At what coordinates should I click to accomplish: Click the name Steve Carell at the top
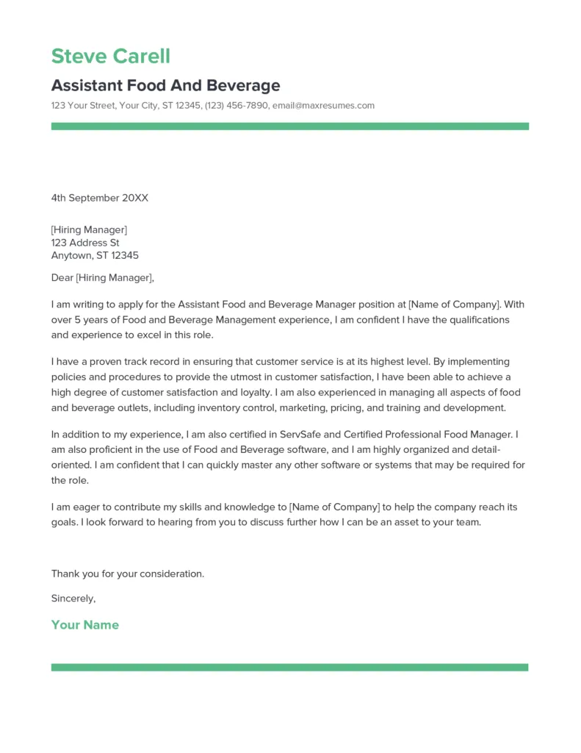[x=110, y=56]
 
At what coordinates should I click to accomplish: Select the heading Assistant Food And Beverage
[x=165, y=85]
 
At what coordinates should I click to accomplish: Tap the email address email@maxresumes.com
[x=323, y=106]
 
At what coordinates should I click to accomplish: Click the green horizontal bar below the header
[x=289, y=126]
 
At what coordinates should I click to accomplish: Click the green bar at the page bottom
[x=289, y=667]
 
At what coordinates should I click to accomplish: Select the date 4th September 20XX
[x=99, y=198]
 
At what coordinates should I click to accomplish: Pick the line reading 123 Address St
[x=85, y=243]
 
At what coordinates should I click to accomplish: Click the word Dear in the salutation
[x=62, y=278]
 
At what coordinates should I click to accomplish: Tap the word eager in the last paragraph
[x=85, y=507]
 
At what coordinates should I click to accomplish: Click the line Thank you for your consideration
[x=128, y=574]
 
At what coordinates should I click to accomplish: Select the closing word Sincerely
[x=73, y=599]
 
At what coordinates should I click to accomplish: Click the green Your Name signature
[x=84, y=625]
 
